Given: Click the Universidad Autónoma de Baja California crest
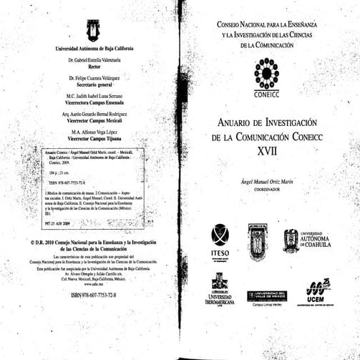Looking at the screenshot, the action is (x=92, y=29).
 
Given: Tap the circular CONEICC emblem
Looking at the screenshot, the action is (x=267, y=74).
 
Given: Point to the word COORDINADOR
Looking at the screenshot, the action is (x=268, y=191).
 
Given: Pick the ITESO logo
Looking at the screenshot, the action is (x=220, y=240).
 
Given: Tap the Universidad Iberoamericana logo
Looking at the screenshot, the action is (x=220, y=291).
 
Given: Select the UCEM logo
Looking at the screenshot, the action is (x=318, y=290).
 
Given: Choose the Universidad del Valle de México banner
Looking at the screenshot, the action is (x=267, y=296).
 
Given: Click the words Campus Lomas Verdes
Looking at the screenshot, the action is (x=267, y=306).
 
